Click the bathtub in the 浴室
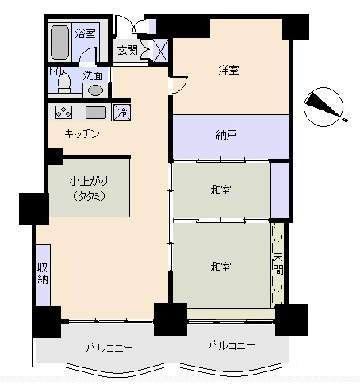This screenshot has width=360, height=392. pos(60,42)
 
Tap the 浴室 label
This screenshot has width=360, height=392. pos(85,33)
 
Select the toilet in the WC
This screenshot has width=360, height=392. pos(64,83)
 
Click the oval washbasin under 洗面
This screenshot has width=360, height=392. pos(95,90)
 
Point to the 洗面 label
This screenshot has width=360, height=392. pos(93,75)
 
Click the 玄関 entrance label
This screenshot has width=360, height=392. pos(128,50)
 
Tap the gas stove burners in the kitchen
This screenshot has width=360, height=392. pos(63,112)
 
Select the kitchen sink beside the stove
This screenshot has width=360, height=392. pos(96,113)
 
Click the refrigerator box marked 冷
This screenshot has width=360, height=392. pos(122,112)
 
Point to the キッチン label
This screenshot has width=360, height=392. pos(82,134)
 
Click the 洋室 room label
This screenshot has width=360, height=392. pos(228,70)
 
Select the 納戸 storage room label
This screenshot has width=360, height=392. pos(226,135)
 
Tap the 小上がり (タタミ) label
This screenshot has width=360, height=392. pos(89,188)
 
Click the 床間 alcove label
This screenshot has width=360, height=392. pos(278,264)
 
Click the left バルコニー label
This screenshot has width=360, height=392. pos(109,348)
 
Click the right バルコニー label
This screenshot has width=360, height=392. pos(232,345)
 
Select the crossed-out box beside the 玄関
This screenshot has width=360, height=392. pos(160,50)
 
